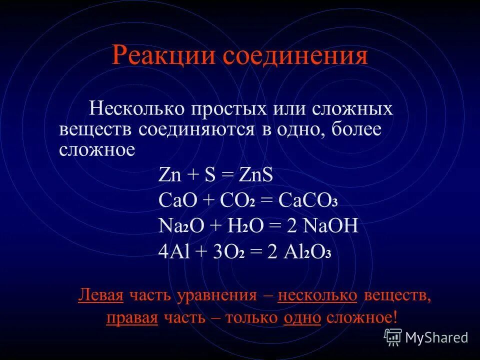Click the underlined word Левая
pos(101,295)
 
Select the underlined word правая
pos(132,318)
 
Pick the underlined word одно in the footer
pos(302,318)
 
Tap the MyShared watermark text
pos(436,337)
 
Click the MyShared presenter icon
pos(392,337)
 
